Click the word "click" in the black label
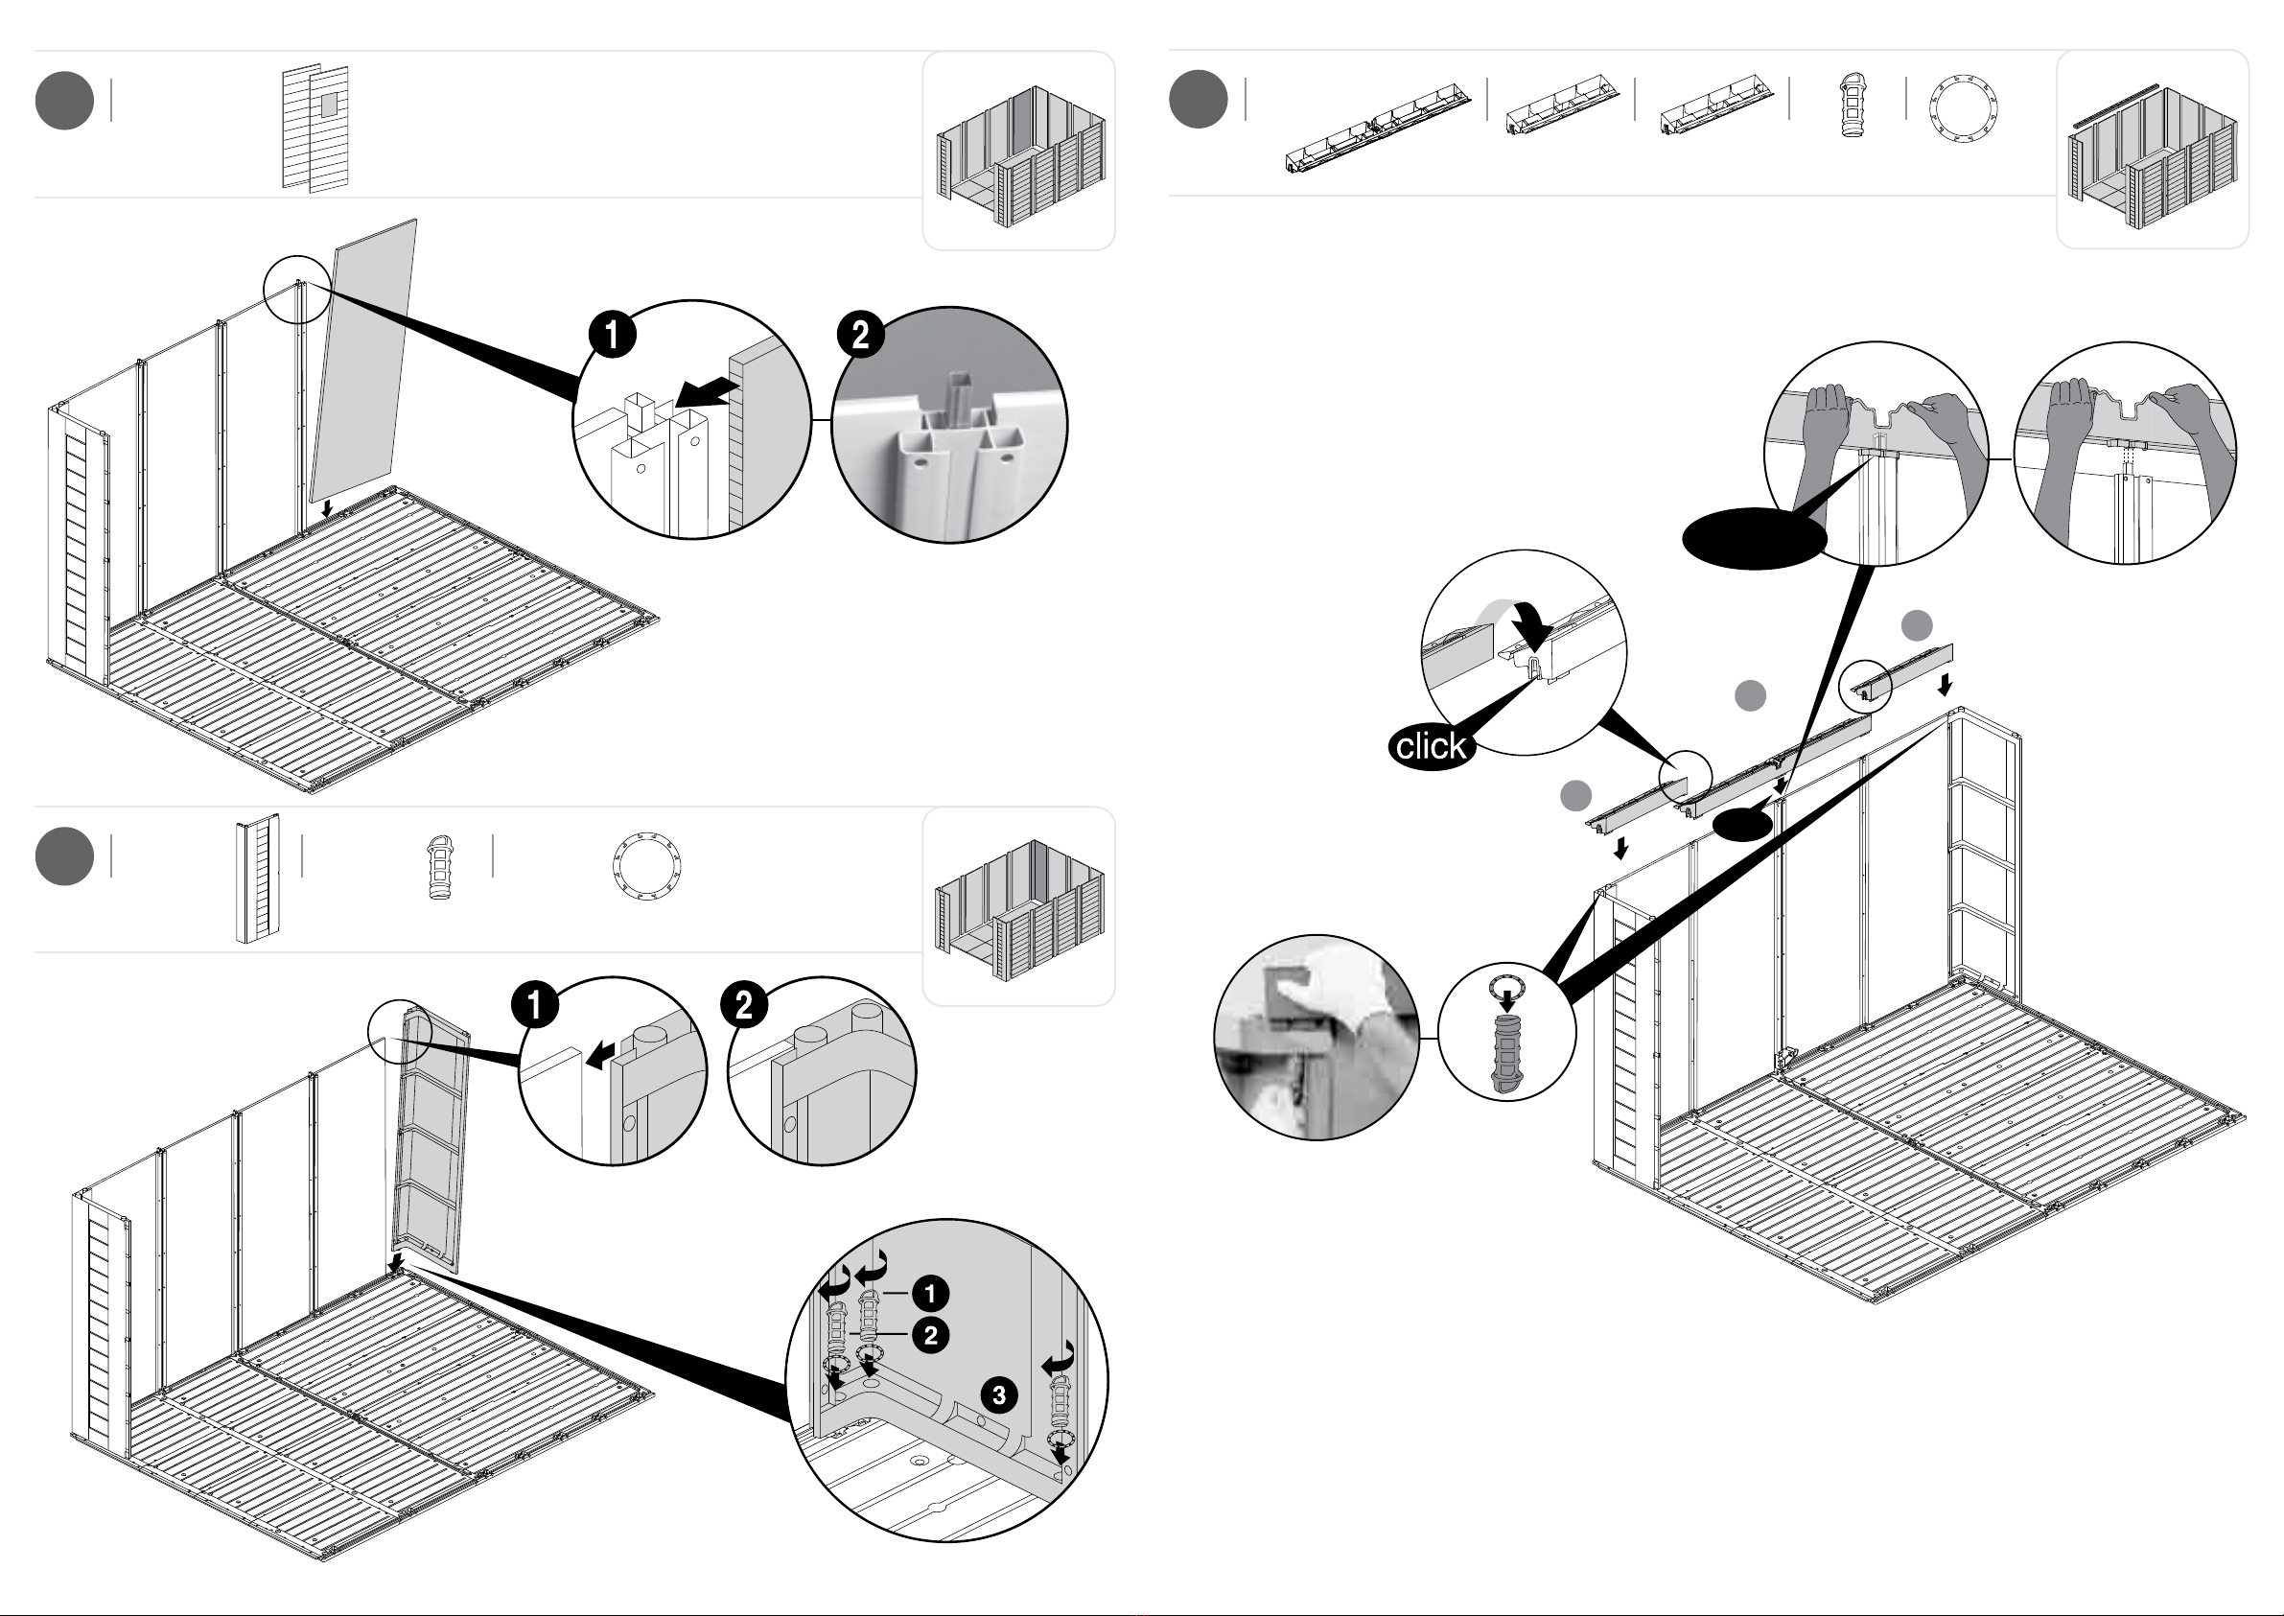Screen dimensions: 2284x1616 pos(1431,745)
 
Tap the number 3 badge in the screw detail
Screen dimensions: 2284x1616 pos(999,1394)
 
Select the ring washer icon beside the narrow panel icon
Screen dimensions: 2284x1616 pos(646,866)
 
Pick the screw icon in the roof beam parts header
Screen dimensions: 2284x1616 pos(1852,105)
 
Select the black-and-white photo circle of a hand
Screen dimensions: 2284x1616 pos(1317,1037)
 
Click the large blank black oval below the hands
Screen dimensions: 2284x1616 pos(1755,538)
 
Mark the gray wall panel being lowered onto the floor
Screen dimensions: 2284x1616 pos(363,362)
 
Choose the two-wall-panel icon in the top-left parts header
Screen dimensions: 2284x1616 pos(315,128)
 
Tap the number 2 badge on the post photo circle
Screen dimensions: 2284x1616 pos(860,335)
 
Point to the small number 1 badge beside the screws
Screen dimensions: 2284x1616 pos(930,1293)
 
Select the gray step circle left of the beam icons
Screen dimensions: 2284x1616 pos(1199,100)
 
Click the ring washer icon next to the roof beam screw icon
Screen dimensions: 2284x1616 pos(1963,106)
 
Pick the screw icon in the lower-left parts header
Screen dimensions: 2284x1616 pos(439,868)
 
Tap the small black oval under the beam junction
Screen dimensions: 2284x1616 pos(1742,824)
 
